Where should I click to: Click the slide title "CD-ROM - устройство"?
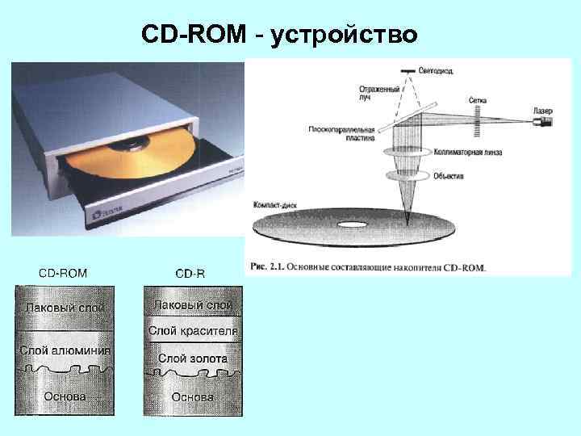[279, 35]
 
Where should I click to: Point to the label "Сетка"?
[477, 101]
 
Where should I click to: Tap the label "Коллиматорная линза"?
[466, 151]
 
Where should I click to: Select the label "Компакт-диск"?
[275, 205]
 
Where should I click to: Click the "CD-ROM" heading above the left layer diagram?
[65, 273]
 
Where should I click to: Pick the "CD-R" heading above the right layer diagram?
[190, 273]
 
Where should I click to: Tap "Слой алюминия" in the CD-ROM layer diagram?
[65, 351]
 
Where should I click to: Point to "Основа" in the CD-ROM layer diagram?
[65, 396]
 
